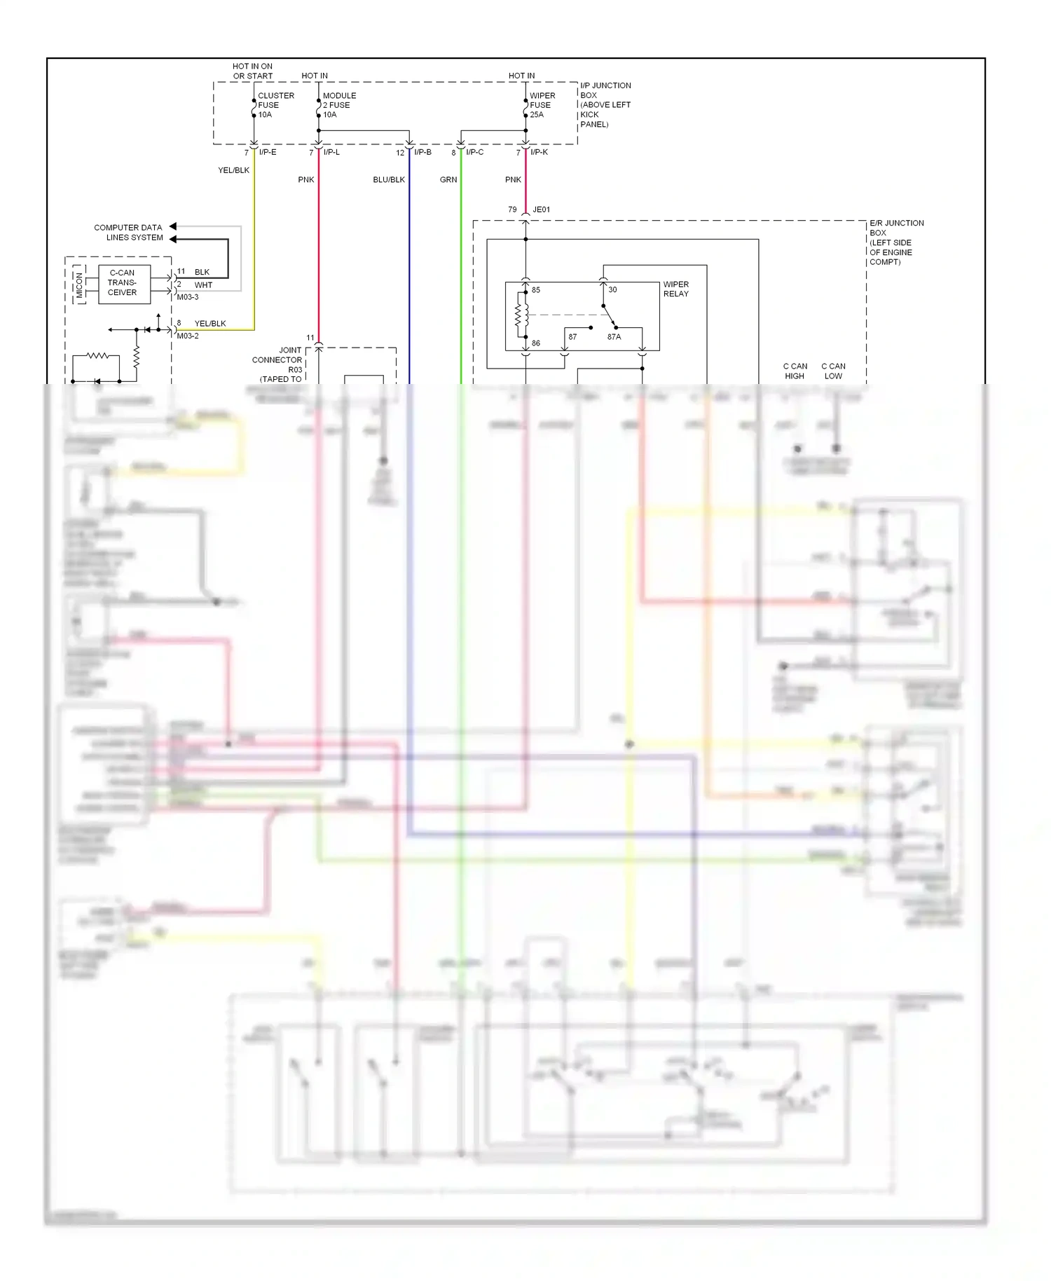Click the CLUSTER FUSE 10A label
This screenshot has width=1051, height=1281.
275,105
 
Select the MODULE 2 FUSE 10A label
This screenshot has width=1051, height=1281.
339,105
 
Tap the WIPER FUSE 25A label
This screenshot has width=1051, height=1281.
542,105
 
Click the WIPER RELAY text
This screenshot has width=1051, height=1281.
675,289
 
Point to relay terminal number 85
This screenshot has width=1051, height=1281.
536,290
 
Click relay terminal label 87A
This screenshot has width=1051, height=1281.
614,337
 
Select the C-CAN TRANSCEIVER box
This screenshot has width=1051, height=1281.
124,283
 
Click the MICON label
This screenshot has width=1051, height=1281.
79,285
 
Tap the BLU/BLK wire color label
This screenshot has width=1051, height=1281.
389,180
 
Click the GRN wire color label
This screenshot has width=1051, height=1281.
448,180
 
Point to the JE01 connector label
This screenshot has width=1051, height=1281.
541,210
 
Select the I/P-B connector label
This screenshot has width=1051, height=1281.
423,152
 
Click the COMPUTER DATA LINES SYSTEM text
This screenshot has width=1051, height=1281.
128,233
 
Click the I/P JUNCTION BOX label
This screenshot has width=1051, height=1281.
605,104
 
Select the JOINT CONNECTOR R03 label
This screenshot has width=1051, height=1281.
278,360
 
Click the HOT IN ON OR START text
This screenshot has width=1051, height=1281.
252,71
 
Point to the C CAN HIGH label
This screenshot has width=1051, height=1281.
795,371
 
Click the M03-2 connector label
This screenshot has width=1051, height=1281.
188,336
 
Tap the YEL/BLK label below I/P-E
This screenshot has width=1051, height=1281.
233,170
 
